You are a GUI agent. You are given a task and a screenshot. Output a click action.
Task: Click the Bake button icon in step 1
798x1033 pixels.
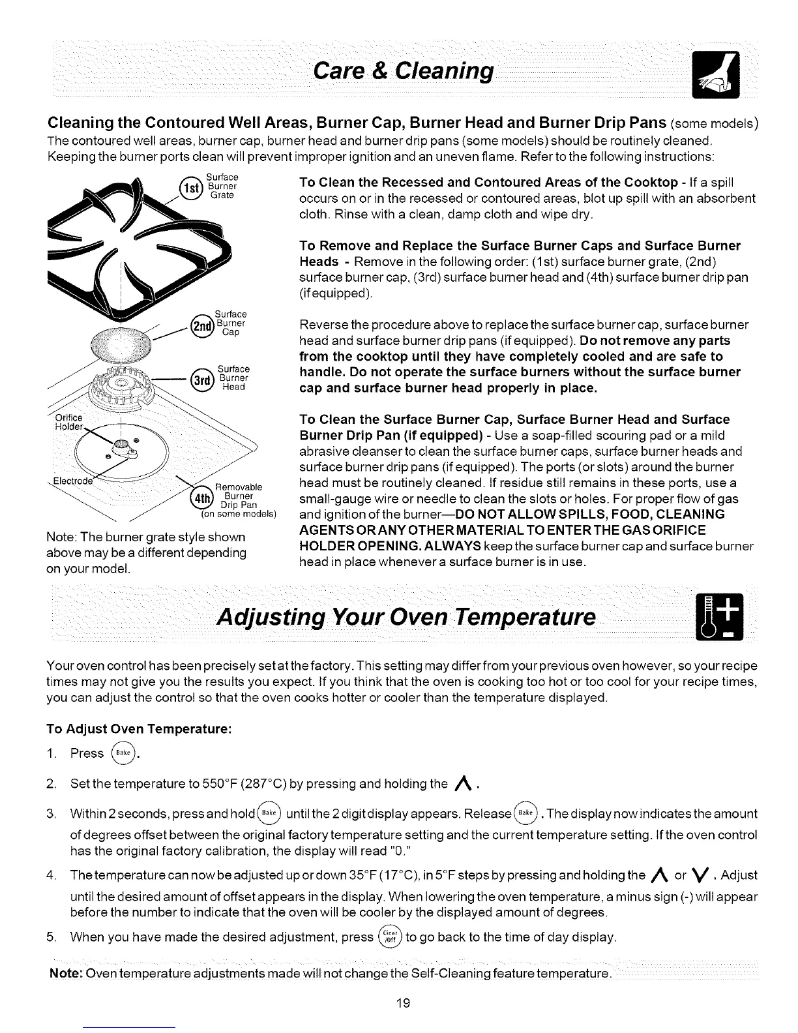(124, 753)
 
